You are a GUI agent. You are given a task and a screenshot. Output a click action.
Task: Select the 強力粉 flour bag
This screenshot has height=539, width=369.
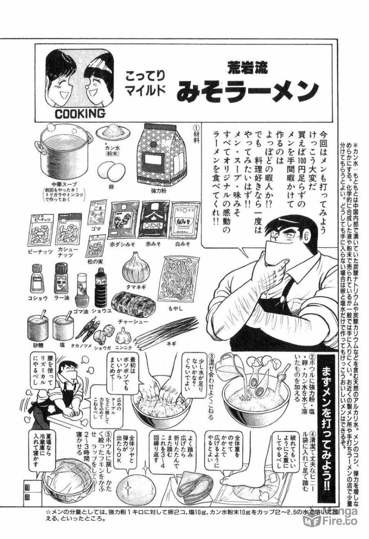[162, 155]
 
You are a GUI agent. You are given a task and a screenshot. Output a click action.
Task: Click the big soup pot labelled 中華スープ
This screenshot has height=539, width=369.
[65, 158]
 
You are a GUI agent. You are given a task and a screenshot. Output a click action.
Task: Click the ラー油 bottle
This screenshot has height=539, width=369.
[61, 278]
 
